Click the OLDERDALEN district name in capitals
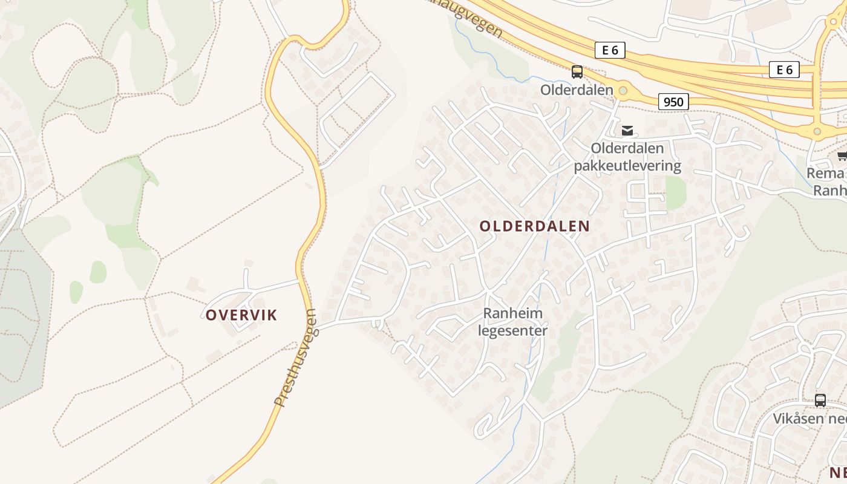click(x=534, y=226)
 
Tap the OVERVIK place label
click(x=241, y=315)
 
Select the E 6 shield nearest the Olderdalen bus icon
click(x=610, y=50)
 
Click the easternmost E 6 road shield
click(x=784, y=70)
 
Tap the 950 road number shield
click(x=673, y=102)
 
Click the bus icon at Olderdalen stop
click(x=577, y=72)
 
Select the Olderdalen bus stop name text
click(x=576, y=90)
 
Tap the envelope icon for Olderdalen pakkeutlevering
click(x=627, y=130)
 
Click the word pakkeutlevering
click(x=627, y=165)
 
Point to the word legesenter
click(x=512, y=330)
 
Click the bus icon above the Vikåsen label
click(x=820, y=400)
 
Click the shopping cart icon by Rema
click(x=842, y=156)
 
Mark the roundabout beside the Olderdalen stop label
click(x=623, y=91)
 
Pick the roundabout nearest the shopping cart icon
click(x=817, y=131)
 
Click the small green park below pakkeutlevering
click(x=676, y=192)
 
